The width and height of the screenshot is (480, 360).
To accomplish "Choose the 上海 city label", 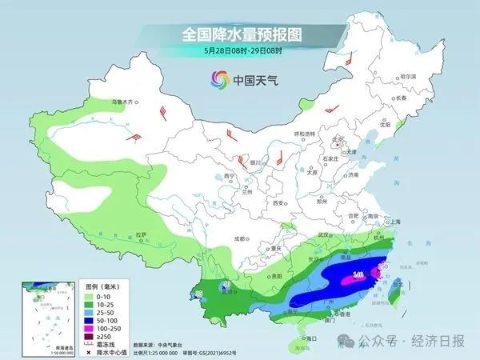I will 393,222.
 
